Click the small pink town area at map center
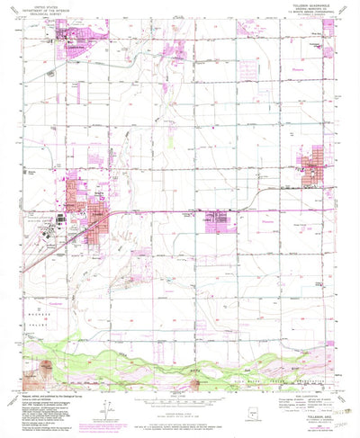pos(216,216)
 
